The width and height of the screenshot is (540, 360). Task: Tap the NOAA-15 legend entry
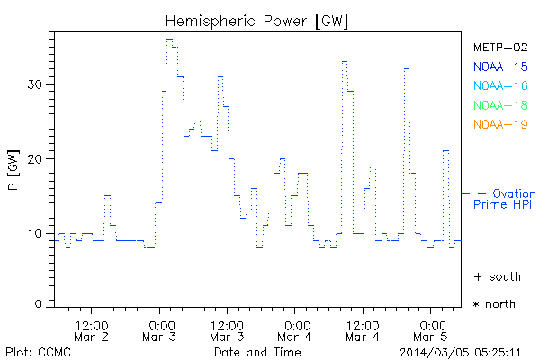pos(499,67)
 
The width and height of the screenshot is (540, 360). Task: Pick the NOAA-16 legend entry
pos(499,86)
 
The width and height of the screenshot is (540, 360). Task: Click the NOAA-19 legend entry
pos(499,125)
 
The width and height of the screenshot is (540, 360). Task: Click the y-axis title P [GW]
pos(13,171)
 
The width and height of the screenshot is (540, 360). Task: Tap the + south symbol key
pos(497,276)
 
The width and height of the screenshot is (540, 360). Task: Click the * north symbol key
pos(495,304)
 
